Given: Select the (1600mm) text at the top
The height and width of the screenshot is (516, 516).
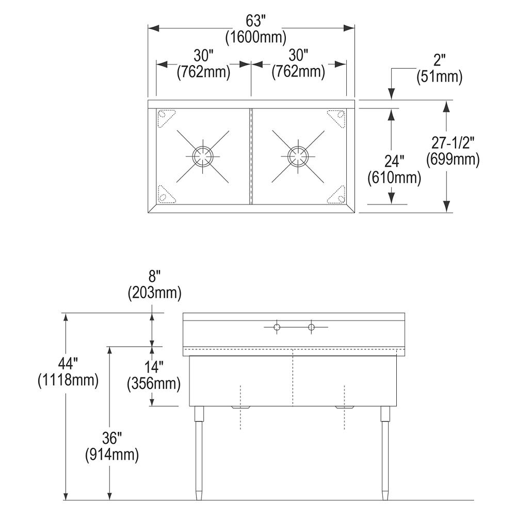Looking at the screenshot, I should point(256,38).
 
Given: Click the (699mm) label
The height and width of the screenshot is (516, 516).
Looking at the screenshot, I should point(453,160).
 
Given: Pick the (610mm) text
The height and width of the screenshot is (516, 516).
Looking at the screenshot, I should point(394,178).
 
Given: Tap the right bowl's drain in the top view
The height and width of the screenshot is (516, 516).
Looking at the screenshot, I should point(297,155).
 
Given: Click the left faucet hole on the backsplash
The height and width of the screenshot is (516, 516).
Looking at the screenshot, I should point(277,327).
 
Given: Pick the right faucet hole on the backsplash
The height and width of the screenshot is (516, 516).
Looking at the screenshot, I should point(311,327).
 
